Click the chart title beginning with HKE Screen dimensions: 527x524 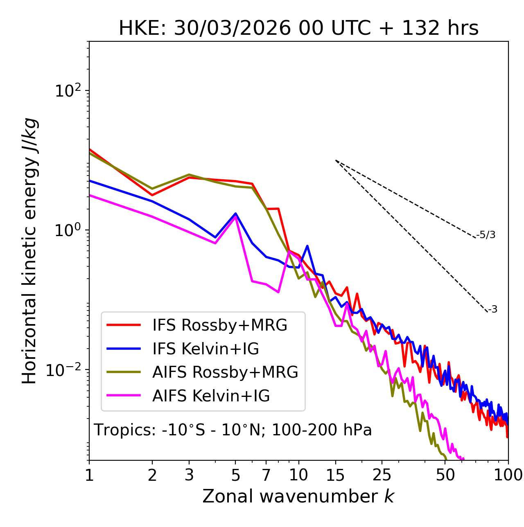tap(298, 29)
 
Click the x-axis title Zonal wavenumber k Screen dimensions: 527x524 tap(298, 496)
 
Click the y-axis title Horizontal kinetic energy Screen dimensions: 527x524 tap(29, 251)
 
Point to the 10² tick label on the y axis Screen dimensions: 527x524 tap(67, 91)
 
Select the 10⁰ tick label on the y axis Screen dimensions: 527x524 tap(67, 230)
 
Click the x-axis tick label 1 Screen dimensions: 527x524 tap(89, 475)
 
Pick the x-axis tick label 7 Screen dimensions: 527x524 tap(266, 475)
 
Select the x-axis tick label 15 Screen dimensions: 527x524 tap(335, 475)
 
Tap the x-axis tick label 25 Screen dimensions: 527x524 tap(382, 475)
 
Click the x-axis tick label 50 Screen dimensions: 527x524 tap(445, 475)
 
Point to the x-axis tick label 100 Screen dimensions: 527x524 tap(508, 475)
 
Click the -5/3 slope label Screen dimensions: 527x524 tap(486, 235)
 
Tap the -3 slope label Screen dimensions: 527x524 tap(492, 310)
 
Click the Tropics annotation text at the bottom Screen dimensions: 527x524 tap(233, 430)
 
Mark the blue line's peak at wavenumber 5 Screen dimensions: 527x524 tap(235, 214)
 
